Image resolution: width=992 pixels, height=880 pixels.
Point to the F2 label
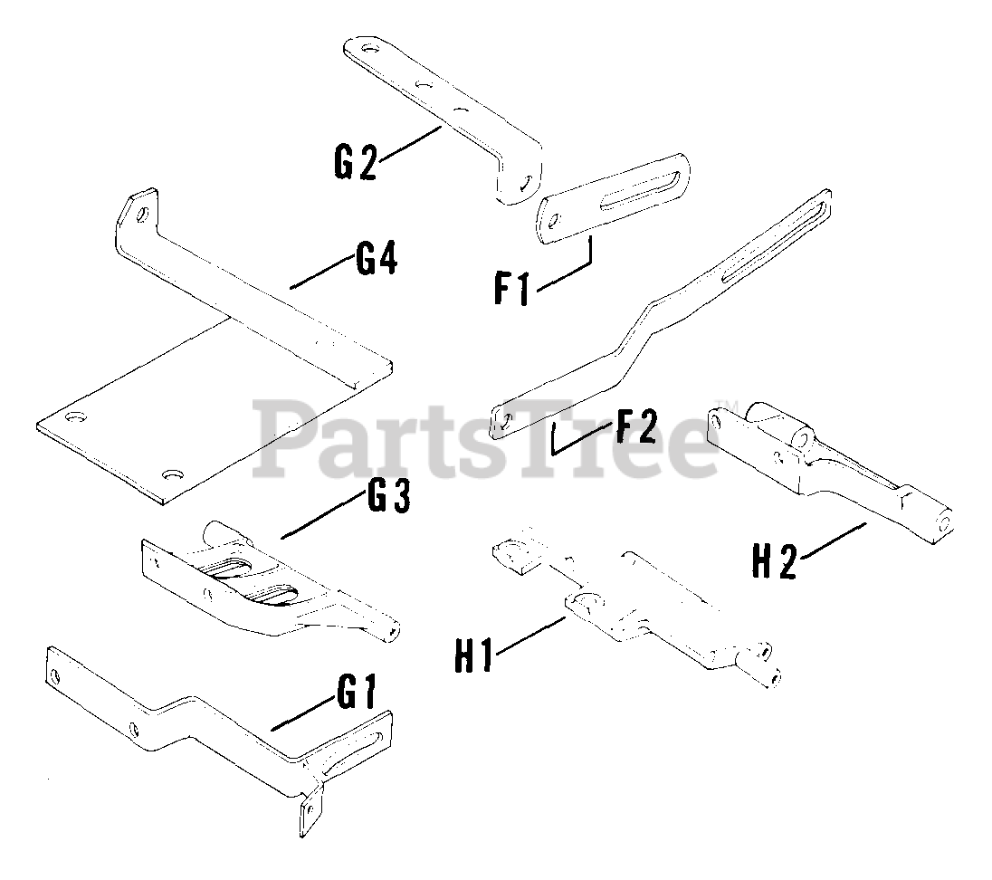point(634,427)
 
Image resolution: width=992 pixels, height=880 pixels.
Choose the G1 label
point(357,695)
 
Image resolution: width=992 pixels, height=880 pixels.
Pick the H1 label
point(473,654)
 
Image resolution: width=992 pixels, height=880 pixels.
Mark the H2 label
point(775,562)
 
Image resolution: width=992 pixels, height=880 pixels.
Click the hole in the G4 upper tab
point(143,215)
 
